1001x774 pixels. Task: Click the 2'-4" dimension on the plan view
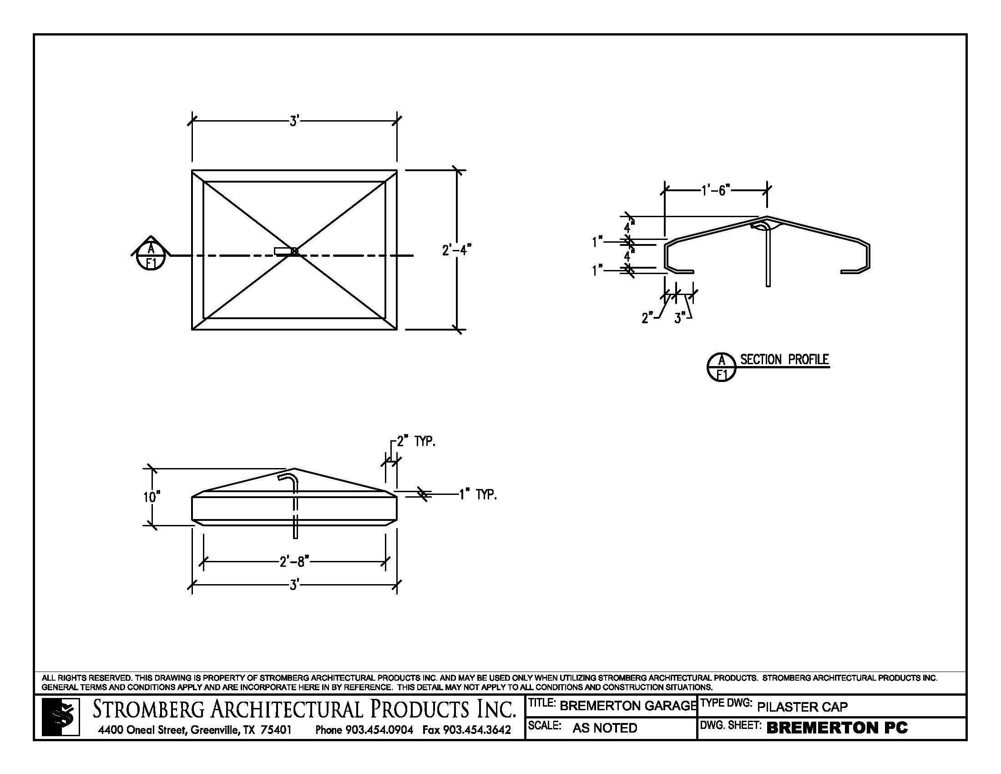456,250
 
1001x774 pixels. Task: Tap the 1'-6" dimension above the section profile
715,190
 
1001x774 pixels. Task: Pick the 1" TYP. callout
478,495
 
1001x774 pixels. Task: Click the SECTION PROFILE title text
785,360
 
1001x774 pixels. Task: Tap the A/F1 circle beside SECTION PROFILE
722,367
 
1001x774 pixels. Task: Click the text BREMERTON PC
837,728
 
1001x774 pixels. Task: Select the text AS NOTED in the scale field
605,728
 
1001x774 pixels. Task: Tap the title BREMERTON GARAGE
627,706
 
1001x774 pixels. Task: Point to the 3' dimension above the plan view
294,121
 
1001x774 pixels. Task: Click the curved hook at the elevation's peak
289,479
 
